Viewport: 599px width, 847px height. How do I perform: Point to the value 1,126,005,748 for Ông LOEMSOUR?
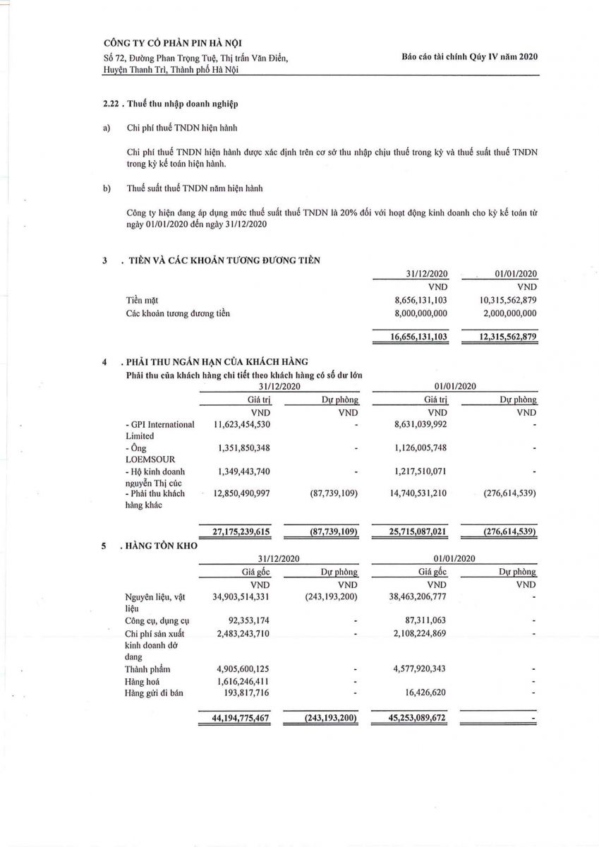click(412, 447)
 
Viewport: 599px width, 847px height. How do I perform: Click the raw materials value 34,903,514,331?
click(236, 597)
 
